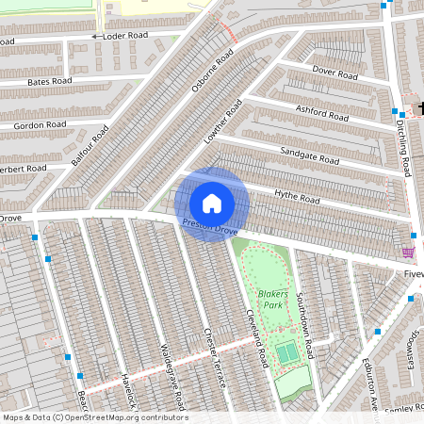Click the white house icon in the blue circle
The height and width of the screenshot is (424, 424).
point(212,203)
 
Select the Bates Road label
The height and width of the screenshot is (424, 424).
point(51,82)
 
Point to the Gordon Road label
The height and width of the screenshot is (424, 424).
point(41,124)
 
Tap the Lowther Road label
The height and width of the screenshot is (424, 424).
point(223,121)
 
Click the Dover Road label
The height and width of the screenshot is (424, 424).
point(336,73)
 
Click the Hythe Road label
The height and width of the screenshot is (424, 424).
point(297,197)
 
